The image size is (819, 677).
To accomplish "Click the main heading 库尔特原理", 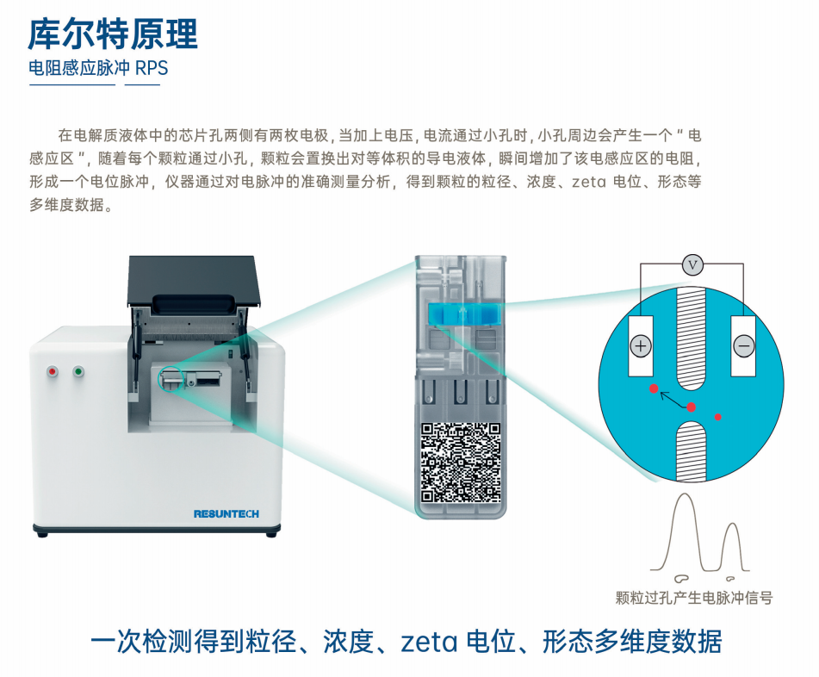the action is pyautogui.click(x=113, y=34).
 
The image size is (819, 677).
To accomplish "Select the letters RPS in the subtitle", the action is pyautogui.click(x=152, y=68).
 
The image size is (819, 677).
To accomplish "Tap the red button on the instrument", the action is pyautogui.click(x=53, y=372).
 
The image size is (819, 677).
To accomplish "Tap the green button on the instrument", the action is pyautogui.click(x=79, y=372).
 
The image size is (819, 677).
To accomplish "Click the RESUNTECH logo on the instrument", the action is pyautogui.click(x=226, y=514).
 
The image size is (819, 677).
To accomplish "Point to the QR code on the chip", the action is pyautogui.click(x=461, y=463).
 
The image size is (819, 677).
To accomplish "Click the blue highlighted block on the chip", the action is pyautogui.click(x=464, y=314).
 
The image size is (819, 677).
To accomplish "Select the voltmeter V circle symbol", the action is pyautogui.click(x=692, y=265).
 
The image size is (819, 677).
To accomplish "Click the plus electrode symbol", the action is pyautogui.click(x=641, y=346).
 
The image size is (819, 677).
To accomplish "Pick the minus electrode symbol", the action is pyautogui.click(x=744, y=346).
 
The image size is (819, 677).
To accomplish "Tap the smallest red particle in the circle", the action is pyautogui.click(x=718, y=417).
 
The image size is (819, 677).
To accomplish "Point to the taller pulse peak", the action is pyautogui.click(x=685, y=495).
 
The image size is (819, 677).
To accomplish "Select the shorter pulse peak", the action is pyautogui.click(x=732, y=525).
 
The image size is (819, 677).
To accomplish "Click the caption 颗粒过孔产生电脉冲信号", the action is pyautogui.click(x=693, y=598).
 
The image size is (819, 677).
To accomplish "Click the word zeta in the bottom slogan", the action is pyautogui.click(x=429, y=643).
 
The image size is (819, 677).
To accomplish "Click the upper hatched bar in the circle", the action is pyautogui.click(x=691, y=338).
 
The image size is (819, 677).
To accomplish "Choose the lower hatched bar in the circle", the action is pyautogui.click(x=691, y=452).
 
